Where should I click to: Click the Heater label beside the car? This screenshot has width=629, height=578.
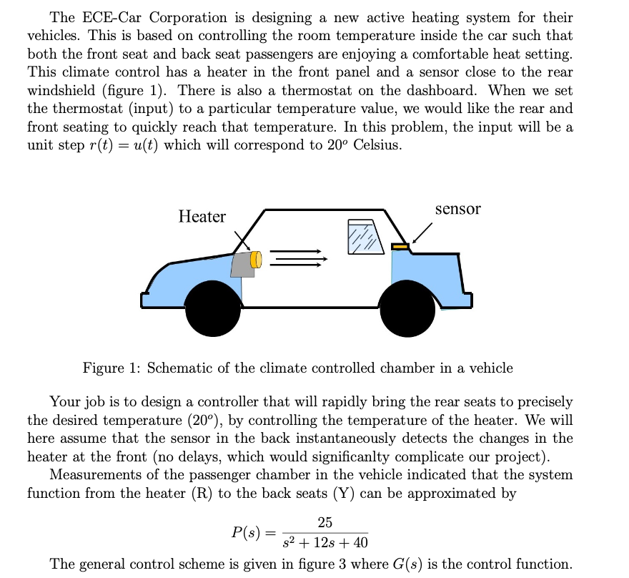[x=202, y=217]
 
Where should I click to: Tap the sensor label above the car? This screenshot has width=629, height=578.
[x=457, y=208]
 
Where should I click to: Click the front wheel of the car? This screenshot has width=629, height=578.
[x=212, y=309]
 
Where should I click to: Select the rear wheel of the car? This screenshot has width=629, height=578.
[x=407, y=310]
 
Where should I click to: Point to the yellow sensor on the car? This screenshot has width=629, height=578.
[x=400, y=247]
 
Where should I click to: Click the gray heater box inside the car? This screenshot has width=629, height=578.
[x=244, y=264]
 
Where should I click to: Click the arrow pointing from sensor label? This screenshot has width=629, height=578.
[x=422, y=231]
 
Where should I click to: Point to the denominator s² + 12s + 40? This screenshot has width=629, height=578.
[x=325, y=543]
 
